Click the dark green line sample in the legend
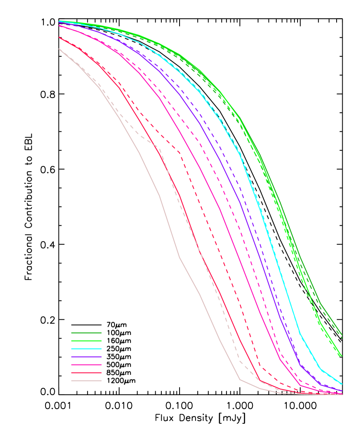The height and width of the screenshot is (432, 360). pyautogui.click(x=86, y=333)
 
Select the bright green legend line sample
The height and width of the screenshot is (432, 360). pyautogui.click(x=86, y=341)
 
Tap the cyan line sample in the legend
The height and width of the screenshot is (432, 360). pyautogui.click(x=86, y=348)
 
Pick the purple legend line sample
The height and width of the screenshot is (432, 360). pyautogui.click(x=86, y=357)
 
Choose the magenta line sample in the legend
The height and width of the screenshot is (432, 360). pyautogui.click(x=86, y=364)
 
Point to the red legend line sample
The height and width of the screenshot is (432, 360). pyautogui.click(x=86, y=373)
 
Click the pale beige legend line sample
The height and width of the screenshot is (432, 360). pyautogui.click(x=86, y=380)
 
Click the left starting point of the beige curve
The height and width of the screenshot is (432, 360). pyautogui.click(x=59, y=49)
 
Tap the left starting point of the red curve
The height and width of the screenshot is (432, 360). pyautogui.click(x=59, y=37)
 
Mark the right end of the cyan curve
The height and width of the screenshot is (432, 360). pyautogui.click(x=342, y=383)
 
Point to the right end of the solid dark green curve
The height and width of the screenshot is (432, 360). pyautogui.click(x=342, y=334)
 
